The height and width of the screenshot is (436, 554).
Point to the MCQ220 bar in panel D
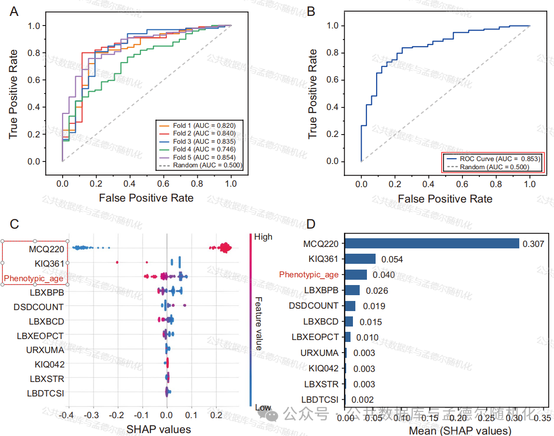tap(432, 244)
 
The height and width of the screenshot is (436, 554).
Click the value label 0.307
tap(533, 244)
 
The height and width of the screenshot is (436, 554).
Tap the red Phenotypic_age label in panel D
tap(309, 274)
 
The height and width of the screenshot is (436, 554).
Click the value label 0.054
tap(392, 259)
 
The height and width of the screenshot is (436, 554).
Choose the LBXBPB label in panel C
tap(47, 292)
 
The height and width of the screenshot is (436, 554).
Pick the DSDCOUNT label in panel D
tap(313, 306)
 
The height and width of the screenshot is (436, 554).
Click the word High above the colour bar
tap(263, 237)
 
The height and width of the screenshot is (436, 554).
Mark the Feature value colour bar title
tap(258, 323)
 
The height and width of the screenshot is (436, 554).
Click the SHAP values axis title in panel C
tap(159, 429)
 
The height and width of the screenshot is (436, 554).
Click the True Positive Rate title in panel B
tap(313, 94)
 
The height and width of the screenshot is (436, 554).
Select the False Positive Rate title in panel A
tap(146, 198)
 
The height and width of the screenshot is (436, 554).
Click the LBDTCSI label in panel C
tap(45, 393)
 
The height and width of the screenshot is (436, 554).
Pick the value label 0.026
tap(377, 290)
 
